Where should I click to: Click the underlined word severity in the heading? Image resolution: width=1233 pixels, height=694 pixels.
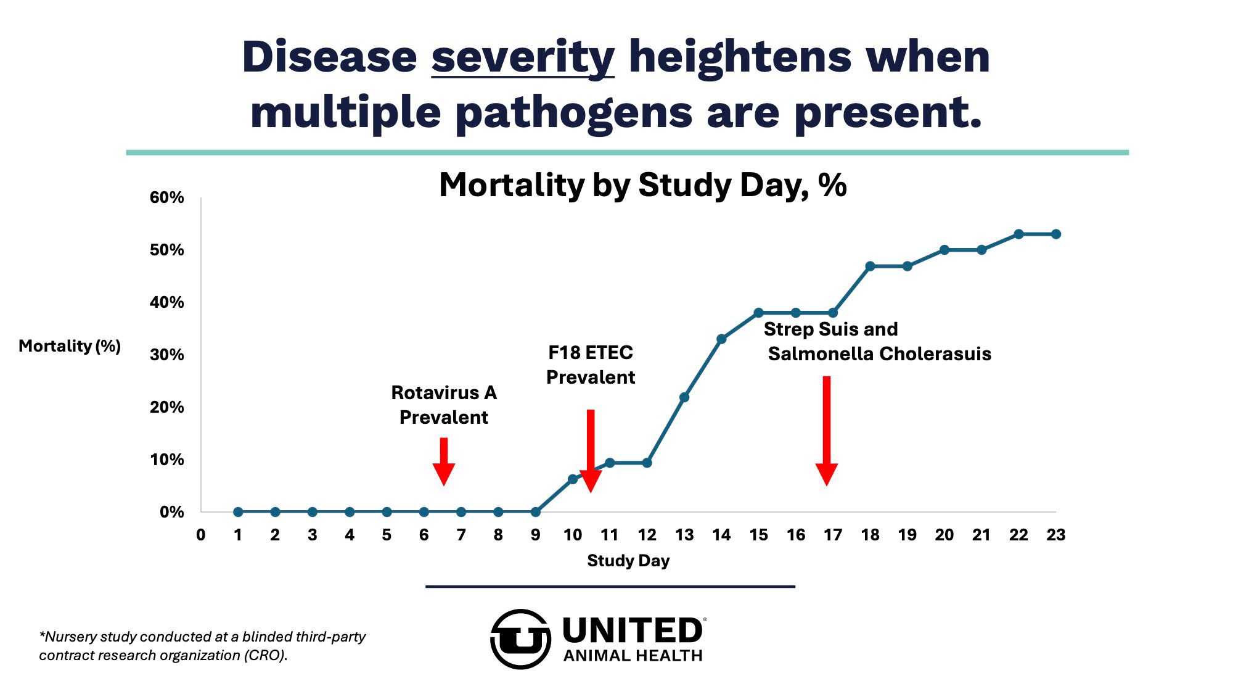tap(523, 57)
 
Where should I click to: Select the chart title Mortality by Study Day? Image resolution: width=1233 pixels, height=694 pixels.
tap(642, 184)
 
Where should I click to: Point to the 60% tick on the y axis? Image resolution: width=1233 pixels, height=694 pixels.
tap(166, 197)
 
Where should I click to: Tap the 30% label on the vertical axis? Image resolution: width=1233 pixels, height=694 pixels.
tap(166, 355)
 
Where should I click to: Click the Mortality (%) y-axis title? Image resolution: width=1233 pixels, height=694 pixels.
tap(70, 346)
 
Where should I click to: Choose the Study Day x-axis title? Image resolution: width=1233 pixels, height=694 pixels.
tap(628, 561)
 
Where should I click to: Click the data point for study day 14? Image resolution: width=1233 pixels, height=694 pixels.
tap(721, 339)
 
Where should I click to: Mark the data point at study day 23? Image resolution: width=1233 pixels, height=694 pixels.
tap(1056, 234)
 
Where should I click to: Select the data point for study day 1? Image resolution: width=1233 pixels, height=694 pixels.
tap(238, 512)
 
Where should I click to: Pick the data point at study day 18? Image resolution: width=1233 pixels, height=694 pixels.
tap(870, 266)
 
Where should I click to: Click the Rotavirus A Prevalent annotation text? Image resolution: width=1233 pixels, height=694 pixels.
tap(444, 405)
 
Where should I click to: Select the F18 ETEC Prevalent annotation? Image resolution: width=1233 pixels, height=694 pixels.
tap(591, 365)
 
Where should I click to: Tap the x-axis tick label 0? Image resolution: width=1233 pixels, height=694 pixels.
tap(201, 535)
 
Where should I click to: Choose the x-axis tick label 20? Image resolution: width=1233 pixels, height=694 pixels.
tap(944, 535)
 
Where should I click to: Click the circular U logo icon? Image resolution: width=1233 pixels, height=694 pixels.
tap(520, 639)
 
